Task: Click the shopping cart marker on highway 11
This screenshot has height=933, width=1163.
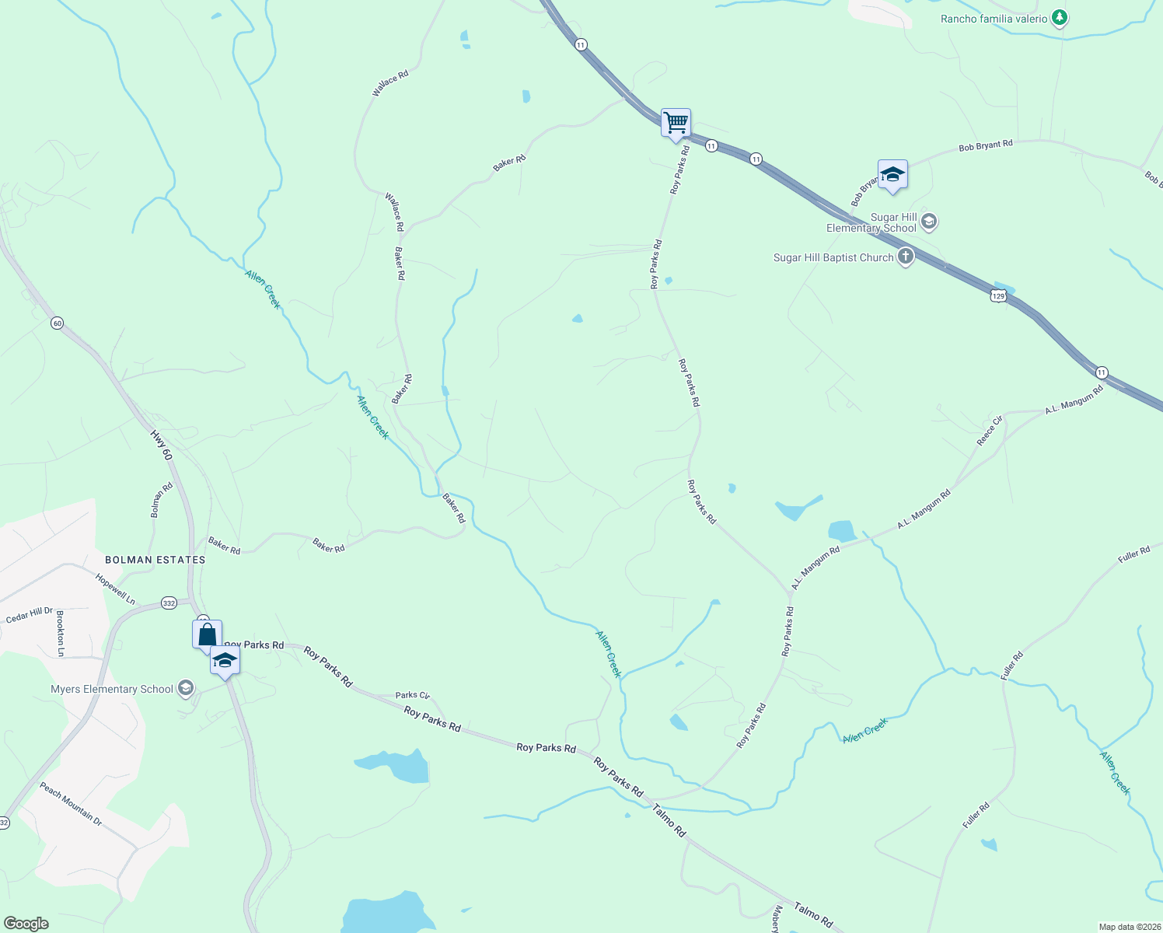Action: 676,123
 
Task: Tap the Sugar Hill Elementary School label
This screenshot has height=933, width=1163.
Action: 871,223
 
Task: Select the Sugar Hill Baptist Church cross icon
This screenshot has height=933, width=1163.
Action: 905,257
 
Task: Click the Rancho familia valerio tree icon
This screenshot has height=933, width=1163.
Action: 1059,18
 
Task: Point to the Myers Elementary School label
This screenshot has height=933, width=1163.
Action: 112,689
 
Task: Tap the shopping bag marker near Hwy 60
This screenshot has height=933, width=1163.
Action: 207,634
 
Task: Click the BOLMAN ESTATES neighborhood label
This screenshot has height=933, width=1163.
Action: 155,560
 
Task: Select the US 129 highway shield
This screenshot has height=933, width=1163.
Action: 999,295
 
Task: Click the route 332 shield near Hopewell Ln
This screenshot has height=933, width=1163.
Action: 169,603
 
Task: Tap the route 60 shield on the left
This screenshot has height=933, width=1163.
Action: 57,323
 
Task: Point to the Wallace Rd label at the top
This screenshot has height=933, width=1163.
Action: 390,83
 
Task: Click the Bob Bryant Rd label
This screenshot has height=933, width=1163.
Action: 986,145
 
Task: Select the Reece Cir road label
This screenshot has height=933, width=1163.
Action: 990,431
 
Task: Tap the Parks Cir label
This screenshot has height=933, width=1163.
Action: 412,695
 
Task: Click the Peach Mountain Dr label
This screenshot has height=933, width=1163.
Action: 71,804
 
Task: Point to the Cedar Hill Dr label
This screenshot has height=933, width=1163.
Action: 30,615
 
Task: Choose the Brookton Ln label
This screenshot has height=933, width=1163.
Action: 61,633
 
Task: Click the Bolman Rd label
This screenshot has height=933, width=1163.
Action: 162,500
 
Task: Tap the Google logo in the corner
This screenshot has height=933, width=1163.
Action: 26,924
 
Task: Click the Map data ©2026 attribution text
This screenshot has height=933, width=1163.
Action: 1128,927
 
